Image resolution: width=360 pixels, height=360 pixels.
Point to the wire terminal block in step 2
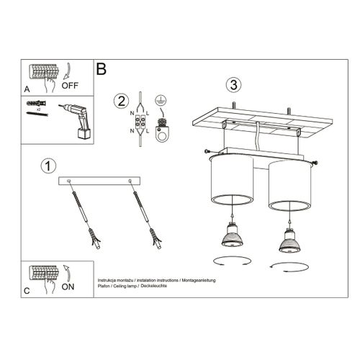(138, 120)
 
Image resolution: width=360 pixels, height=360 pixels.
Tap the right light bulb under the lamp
(291, 238)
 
